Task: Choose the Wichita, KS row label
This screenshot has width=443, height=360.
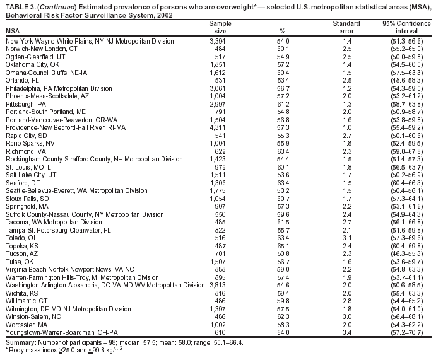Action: (22, 293)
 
